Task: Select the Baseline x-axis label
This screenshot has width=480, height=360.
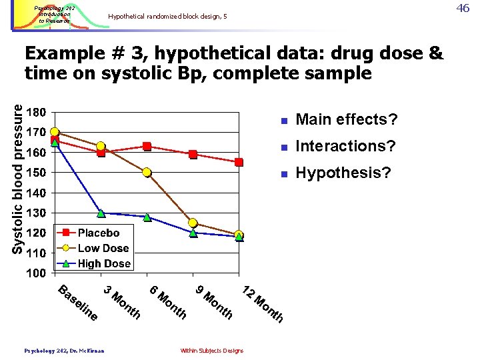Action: point(79,302)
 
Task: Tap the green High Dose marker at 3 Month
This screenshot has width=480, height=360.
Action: point(101,213)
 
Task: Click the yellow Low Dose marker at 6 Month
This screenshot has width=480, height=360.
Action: point(147,173)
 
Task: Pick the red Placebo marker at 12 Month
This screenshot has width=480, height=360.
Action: point(239,162)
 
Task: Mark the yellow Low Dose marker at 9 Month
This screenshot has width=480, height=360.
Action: point(193,223)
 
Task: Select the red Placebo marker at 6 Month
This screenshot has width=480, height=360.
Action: point(147,146)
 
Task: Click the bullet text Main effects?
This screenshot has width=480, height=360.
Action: point(347,120)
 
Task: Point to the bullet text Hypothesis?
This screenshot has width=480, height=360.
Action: point(343,173)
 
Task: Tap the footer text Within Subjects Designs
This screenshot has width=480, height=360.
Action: point(212,351)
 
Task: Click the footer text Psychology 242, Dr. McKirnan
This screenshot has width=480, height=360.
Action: point(64,350)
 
